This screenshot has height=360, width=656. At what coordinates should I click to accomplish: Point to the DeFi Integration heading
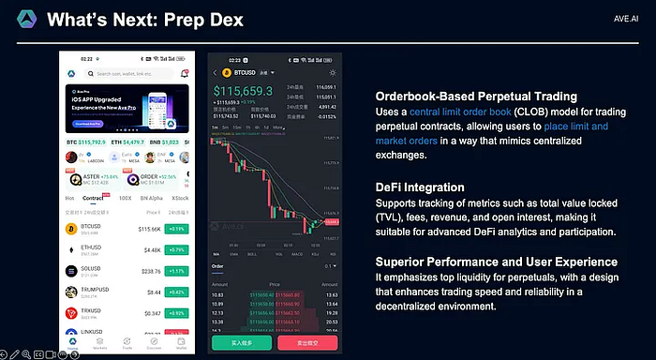coord(421,187)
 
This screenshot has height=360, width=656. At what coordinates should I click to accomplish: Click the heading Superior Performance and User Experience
coord(496,262)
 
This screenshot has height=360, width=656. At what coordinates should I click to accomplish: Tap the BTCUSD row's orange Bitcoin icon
coord(70,228)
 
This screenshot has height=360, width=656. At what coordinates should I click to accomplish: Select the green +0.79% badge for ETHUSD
coord(175,248)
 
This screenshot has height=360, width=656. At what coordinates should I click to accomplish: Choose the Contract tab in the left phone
coord(93,199)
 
